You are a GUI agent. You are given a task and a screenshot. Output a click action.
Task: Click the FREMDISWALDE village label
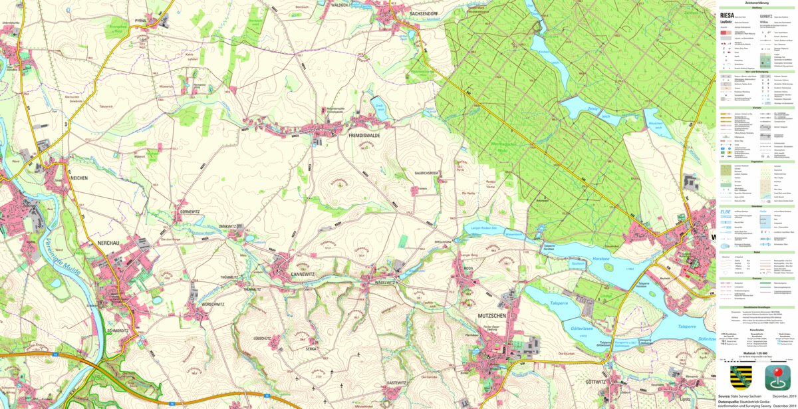click(x=364, y=136)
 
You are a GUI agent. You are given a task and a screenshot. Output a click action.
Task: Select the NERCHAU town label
click(x=107, y=243)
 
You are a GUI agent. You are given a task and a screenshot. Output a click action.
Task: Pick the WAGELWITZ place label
click(x=383, y=282)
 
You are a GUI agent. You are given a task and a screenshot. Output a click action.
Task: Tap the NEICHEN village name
click(x=78, y=178)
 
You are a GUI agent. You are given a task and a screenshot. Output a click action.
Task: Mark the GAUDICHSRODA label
click(x=426, y=174)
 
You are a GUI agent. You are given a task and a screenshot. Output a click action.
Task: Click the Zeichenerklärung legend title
click(x=757, y=3)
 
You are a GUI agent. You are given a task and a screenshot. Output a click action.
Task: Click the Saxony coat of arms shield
click(x=740, y=377)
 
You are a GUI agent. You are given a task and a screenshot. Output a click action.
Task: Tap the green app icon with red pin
click(x=777, y=377)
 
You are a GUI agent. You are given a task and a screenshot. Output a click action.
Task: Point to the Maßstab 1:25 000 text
click(x=757, y=353)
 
